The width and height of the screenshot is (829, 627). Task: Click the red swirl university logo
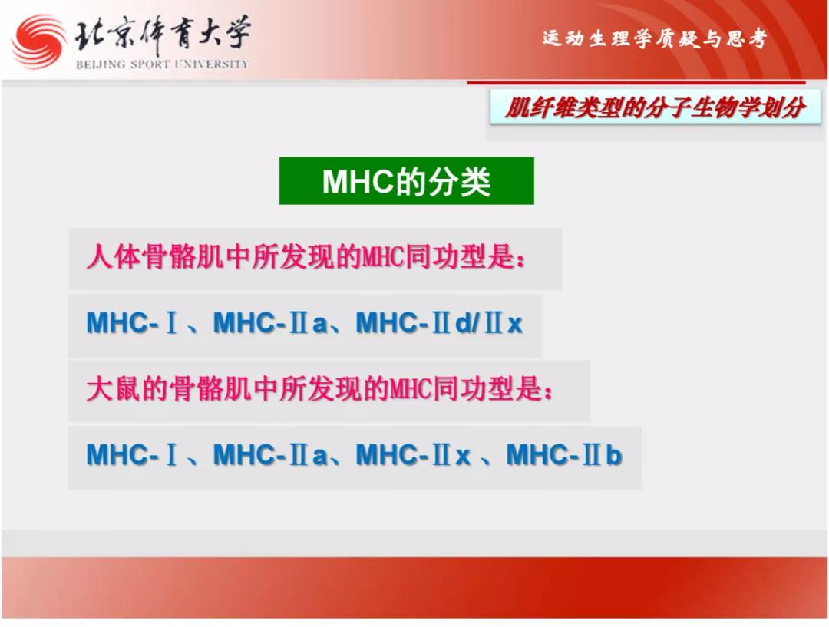click(x=38, y=42)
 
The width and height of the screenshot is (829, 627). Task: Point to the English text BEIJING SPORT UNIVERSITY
click(x=162, y=64)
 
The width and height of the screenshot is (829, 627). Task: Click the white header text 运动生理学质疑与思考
click(x=655, y=39)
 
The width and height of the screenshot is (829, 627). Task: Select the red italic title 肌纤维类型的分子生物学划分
click(x=655, y=108)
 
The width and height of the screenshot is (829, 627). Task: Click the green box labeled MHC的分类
click(x=407, y=181)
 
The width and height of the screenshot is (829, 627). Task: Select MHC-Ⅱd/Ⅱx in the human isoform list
click(x=439, y=322)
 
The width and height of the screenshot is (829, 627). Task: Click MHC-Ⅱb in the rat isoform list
click(x=564, y=454)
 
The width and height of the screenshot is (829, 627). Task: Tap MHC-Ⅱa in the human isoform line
click(x=270, y=322)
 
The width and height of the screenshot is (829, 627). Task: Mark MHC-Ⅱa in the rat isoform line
click(x=270, y=454)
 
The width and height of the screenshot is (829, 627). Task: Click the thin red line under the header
click(x=636, y=82)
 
